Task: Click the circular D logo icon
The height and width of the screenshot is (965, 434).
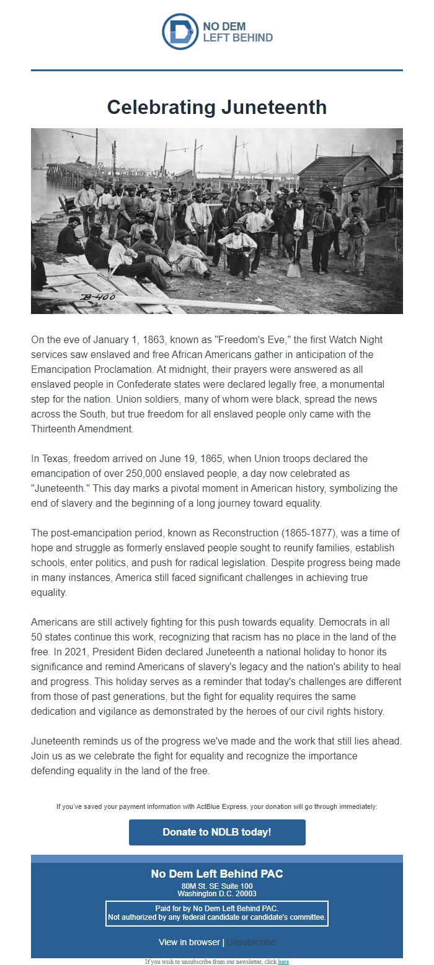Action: pos(180,32)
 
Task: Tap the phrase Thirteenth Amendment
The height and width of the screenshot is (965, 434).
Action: pos(80,429)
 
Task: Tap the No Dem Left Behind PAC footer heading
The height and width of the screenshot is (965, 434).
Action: pos(217,874)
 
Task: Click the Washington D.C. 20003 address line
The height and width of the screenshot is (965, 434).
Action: pos(217,893)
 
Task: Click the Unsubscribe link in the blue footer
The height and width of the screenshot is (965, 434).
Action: pos(250,942)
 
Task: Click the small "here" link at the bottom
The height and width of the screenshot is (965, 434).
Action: pos(283,962)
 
